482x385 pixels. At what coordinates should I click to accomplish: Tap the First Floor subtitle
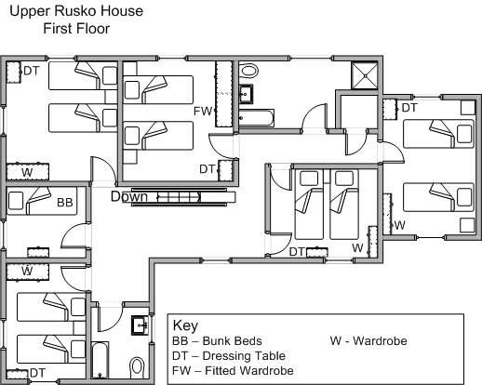[x=76, y=29]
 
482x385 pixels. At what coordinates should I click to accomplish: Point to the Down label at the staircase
[x=129, y=196]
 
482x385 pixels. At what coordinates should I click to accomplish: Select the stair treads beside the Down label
[x=179, y=197]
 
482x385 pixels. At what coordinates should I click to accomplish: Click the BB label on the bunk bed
[x=65, y=203]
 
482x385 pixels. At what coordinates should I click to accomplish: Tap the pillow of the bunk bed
[x=16, y=201]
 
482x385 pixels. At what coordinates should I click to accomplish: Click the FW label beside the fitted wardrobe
[x=202, y=111]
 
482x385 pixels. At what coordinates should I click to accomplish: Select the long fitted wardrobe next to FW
[x=223, y=94]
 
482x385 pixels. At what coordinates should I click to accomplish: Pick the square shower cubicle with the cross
[x=365, y=75]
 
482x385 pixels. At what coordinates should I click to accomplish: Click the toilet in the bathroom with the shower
[x=249, y=71]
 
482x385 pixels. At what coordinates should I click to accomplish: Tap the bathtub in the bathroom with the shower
[x=256, y=118]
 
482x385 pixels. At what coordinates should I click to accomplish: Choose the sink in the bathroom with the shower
[x=247, y=94]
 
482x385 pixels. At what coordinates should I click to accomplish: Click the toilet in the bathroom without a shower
[x=137, y=367]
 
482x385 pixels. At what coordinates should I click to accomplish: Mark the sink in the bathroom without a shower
[x=140, y=325]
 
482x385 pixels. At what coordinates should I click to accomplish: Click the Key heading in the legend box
[x=185, y=325]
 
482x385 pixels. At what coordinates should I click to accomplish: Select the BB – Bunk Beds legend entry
[x=217, y=341]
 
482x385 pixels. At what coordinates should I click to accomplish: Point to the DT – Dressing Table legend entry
[x=229, y=356]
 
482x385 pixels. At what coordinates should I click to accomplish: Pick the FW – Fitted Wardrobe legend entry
[x=233, y=370]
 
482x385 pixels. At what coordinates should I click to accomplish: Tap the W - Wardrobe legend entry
[x=368, y=341]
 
